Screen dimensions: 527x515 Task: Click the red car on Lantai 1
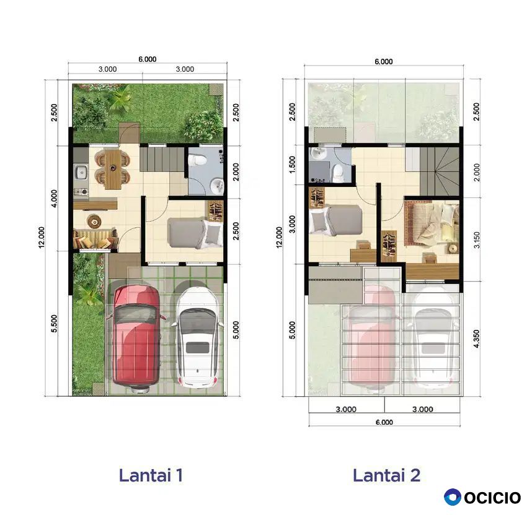pyautogui.click(x=136, y=337)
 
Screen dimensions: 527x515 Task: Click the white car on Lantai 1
pyautogui.click(x=198, y=338)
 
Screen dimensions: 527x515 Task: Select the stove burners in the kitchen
pyautogui.click(x=81, y=192)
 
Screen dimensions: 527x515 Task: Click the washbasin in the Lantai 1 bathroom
pyautogui.click(x=217, y=185)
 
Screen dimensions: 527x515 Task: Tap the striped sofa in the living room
pyautogui.click(x=95, y=238)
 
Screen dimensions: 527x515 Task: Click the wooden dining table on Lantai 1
pyautogui.click(x=113, y=170)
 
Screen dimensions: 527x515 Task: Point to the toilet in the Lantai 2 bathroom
pyautogui.click(x=338, y=173)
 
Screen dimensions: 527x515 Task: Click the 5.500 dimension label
pyautogui.click(x=54, y=324)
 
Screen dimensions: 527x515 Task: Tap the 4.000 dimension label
pyautogui.click(x=54, y=198)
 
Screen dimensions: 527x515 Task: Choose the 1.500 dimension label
pyautogui.click(x=293, y=165)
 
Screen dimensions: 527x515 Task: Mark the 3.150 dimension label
pyautogui.click(x=477, y=240)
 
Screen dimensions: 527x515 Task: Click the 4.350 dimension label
pyautogui.click(x=476, y=339)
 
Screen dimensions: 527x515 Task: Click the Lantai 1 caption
pyautogui.click(x=151, y=475)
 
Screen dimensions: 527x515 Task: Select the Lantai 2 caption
pyautogui.click(x=386, y=475)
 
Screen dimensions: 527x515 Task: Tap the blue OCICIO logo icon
pyautogui.click(x=452, y=497)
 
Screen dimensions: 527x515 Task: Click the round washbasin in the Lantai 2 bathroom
pyautogui.click(x=317, y=154)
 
